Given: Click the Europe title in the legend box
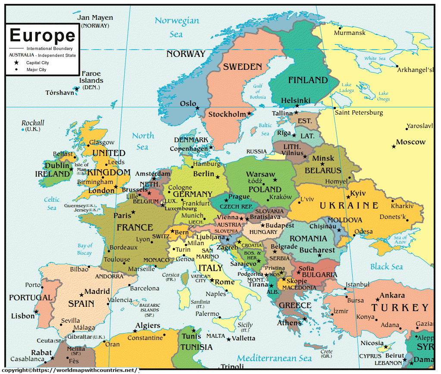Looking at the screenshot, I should click(42, 35).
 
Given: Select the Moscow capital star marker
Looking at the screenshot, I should click(394, 146).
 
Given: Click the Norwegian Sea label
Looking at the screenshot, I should click(177, 27).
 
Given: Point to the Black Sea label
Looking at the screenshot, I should click(386, 267).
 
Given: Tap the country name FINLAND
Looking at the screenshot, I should click(308, 80).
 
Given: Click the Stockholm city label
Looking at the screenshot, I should click(227, 115).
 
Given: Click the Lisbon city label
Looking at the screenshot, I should click(23, 316).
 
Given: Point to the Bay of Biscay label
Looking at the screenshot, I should click(84, 249).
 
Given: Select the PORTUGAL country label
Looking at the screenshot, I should click(31, 298).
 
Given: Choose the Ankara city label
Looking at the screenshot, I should click(392, 295).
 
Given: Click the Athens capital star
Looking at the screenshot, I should click(304, 319).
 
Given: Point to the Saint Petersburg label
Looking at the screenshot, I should click(359, 112).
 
